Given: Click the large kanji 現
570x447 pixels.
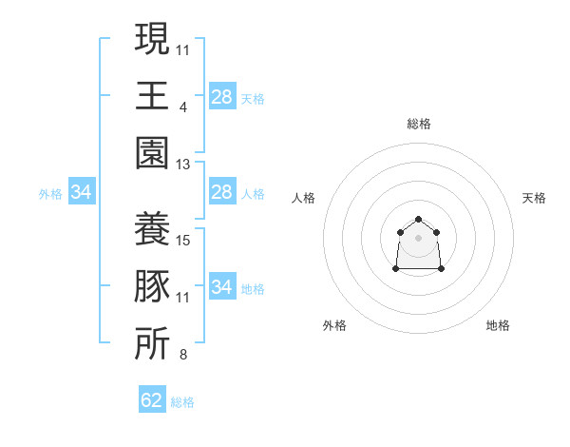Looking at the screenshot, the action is click(152, 38).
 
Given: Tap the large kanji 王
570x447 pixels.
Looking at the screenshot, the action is click(152, 95).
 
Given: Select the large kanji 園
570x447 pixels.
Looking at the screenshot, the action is click(152, 153).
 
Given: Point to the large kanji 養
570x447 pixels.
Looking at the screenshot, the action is click(152, 228).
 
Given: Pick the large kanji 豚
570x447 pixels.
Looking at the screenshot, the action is click(152, 286).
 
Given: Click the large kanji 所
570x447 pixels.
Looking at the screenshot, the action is click(152, 343).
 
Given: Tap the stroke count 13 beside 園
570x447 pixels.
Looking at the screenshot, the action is click(182, 165).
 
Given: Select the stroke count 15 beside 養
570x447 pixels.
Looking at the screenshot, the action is click(182, 241).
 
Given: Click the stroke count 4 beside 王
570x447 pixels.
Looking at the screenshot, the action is click(183, 107).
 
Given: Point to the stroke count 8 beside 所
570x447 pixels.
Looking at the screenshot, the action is click(183, 355).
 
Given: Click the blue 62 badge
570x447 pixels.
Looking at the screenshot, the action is click(152, 398).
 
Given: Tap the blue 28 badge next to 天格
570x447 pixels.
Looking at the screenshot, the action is click(222, 96).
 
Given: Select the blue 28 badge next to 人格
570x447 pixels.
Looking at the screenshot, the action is click(222, 191).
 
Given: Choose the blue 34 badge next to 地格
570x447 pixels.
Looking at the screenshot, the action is click(222, 285).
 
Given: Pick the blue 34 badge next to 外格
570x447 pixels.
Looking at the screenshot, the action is click(82, 191).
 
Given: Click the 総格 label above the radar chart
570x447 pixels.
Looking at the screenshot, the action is click(419, 124).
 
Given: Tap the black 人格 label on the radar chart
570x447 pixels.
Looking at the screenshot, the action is click(303, 198).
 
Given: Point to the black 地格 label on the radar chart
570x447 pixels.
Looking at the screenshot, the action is click(498, 325).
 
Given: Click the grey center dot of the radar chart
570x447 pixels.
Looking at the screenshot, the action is click(418, 238).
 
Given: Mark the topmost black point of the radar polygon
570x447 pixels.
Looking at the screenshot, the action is click(418, 219).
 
